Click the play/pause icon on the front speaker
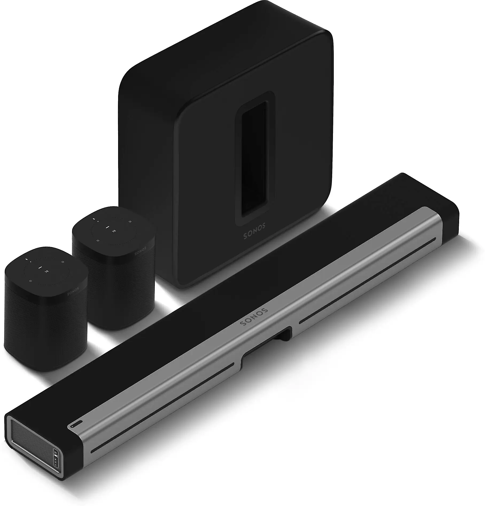pyautogui.click(x=46, y=272)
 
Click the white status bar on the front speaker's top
pyautogui.click(x=40, y=267)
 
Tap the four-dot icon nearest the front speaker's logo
pyautogui.click(x=62, y=262)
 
